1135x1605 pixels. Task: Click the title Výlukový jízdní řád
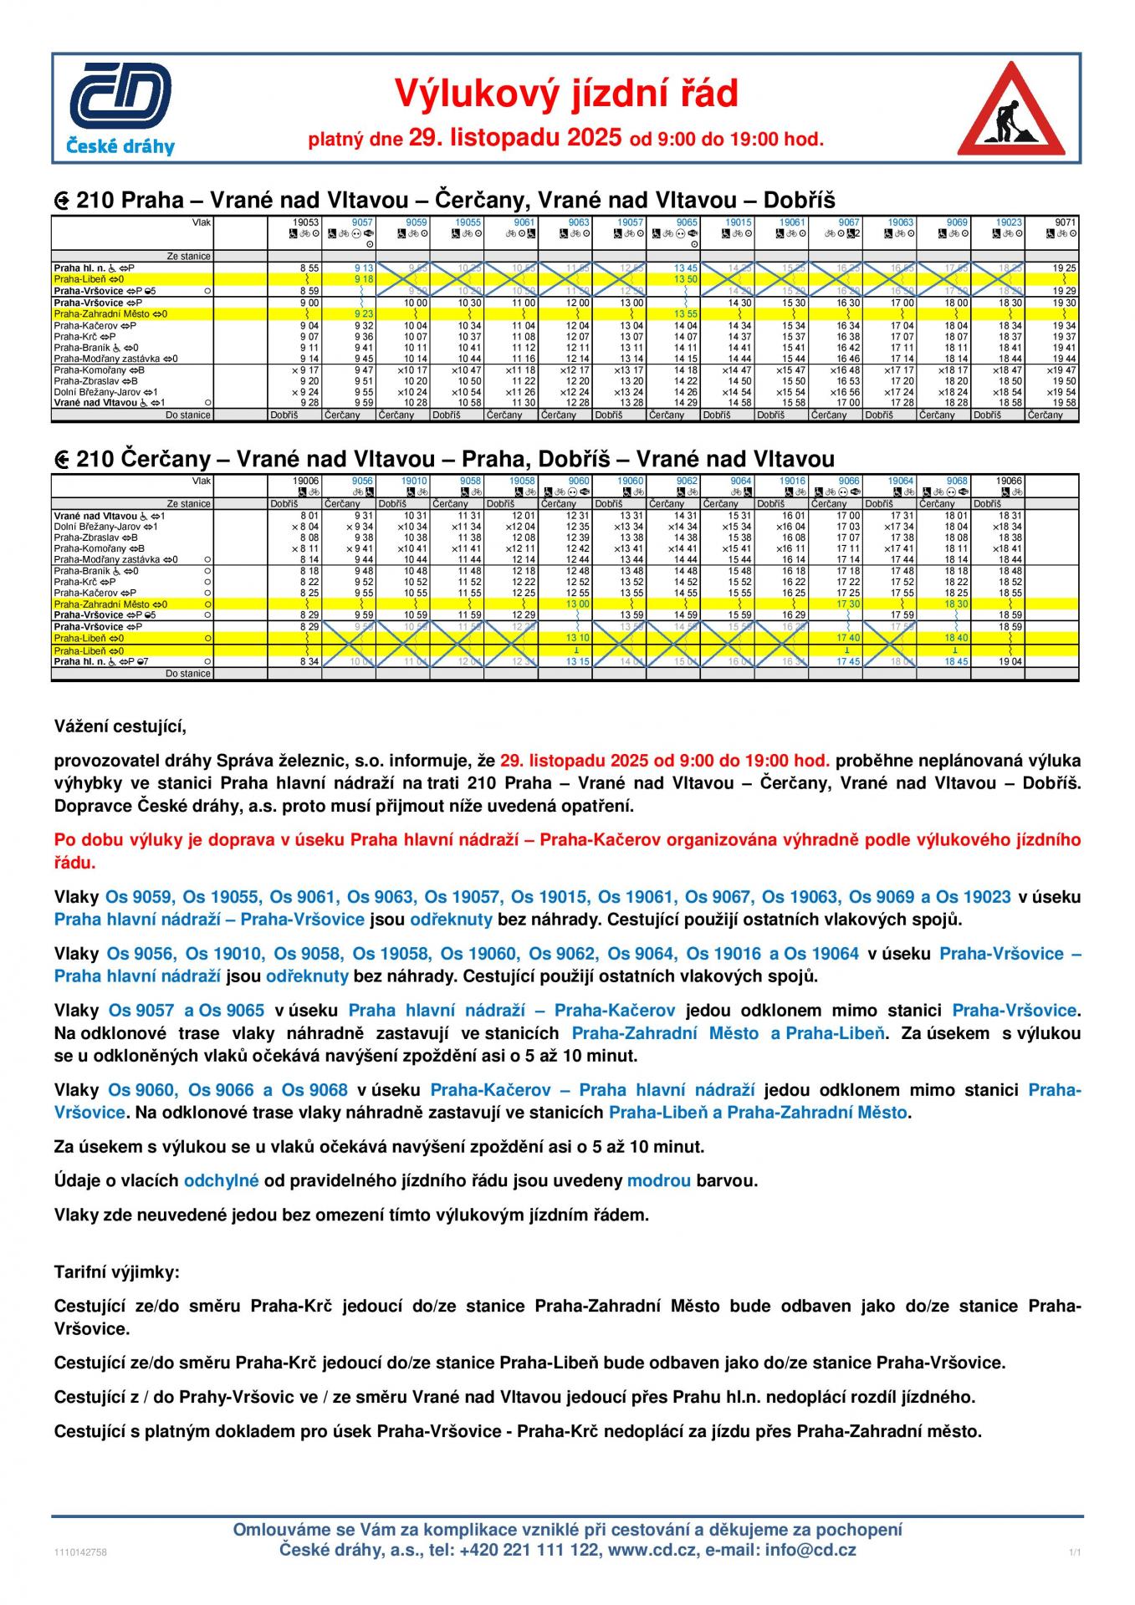point(566,94)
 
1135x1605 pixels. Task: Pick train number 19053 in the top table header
point(306,222)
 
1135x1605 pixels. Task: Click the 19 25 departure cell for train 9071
point(1064,268)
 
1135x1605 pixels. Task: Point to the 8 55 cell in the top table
point(309,268)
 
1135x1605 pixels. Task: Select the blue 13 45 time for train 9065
point(686,268)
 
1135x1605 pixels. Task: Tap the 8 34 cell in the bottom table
point(309,661)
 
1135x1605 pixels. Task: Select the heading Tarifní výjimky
point(116,1272)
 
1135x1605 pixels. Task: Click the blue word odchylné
point(221,1180)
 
